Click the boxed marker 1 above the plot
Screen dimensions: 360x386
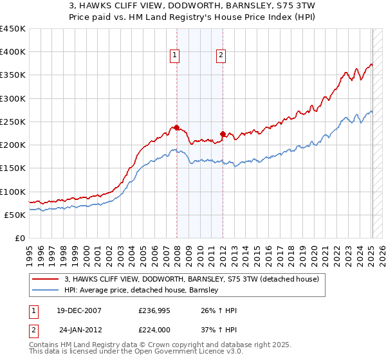[x=174, y=56]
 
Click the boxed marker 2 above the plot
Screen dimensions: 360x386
[x=221, y=56]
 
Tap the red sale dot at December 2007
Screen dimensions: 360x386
[x=176, y=127]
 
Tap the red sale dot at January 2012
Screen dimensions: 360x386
[x=223, y=134]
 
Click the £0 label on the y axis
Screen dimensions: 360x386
[x=19, y=238]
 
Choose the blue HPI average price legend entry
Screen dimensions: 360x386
[x=142, y=291]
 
